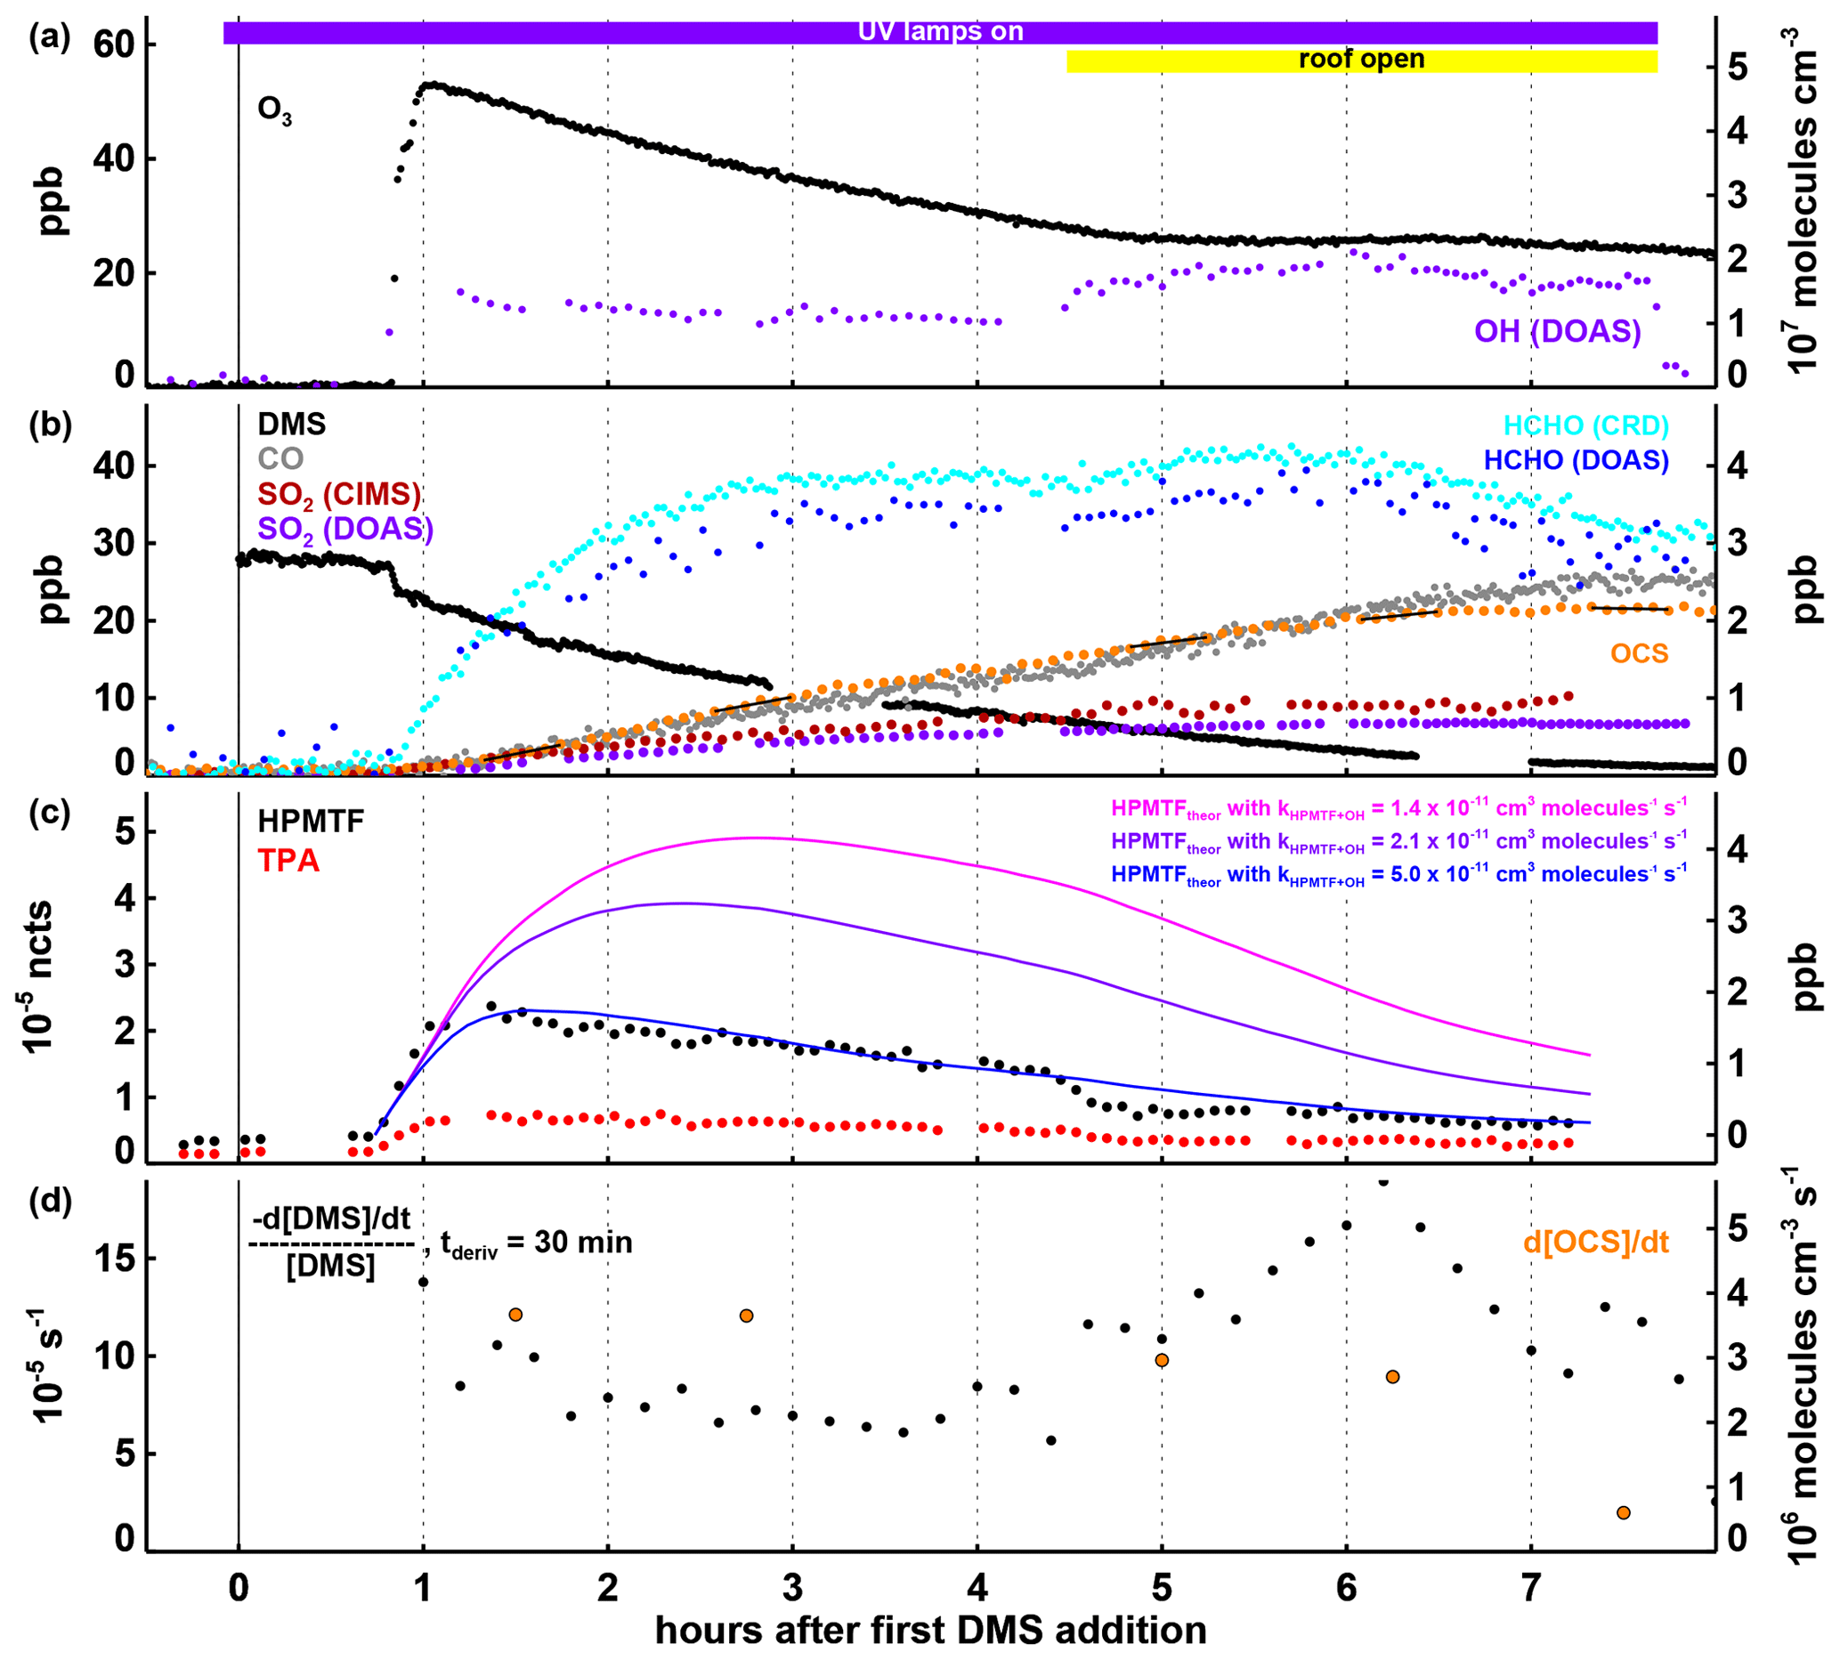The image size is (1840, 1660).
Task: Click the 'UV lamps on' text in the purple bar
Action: pyautogui.click(x=940, y=32)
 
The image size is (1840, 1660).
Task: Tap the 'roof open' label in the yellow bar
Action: pyautogui.click(x=1360, y=61)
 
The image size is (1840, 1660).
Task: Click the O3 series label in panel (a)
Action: pyautogui.click(x=274, y=110)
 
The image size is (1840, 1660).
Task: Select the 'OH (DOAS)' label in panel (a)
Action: pyautogui.click(x=1557, y=331)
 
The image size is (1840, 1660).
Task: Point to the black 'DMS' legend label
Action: pyautogui.click(x=292, y=424)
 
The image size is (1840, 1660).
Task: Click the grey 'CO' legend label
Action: pyautogui.click(x=280, y=458)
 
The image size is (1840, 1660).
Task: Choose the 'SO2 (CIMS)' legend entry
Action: pyautogui.click(x=339, y=494)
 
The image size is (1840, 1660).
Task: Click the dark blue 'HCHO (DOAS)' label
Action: pyautogui.click(x=1576, y=459)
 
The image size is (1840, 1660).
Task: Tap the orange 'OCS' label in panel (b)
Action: pyautogui.click(x=1640, y=653)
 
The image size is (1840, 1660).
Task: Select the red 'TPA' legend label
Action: pyautogui.click(x=288, y=860)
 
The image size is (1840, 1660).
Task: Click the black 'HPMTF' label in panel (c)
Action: pyautogui.click(x=310, y=822)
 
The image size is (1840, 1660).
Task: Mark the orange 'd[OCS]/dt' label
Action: pyautogui.click(x=1595, y=1242)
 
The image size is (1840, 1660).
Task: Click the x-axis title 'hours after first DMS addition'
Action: pyautogui.click(x=930, y=1630)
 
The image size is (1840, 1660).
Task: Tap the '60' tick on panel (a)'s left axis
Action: pyautogui.click(x=112, y=44)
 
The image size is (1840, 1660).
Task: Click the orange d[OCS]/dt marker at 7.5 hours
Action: pyautogui.click(x=1623, y=1513)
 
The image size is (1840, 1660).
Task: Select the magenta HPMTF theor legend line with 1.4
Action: pyautogui.click(x=1398, y=808)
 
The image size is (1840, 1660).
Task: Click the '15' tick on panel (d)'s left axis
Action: pyautogui.click(x=113, y=1259)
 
